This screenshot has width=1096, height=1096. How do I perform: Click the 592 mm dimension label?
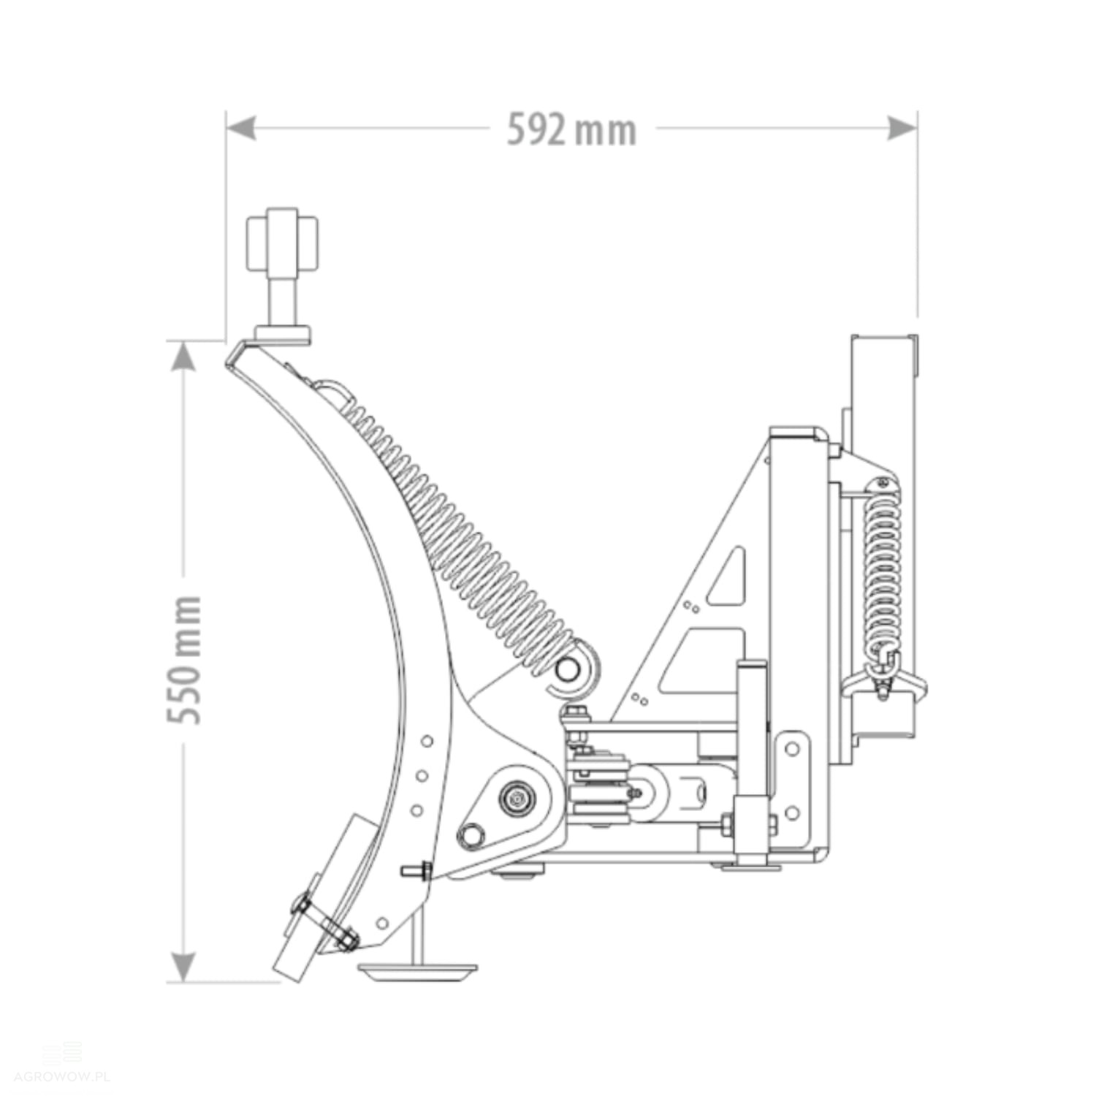(571, 130)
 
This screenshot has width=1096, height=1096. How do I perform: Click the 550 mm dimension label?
(183, 661)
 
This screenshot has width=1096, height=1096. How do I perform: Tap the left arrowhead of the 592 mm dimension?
(241, 129)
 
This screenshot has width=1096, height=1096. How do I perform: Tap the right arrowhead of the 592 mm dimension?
(902, 129)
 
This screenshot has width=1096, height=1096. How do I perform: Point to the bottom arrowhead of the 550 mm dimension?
(183, 967)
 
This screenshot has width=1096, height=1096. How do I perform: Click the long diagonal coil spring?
(460, 533)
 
